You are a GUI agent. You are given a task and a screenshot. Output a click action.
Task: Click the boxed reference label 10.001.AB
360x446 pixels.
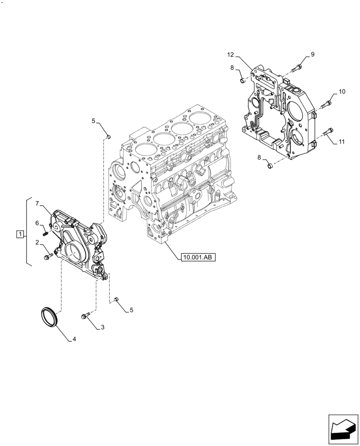click(x=197, y=257)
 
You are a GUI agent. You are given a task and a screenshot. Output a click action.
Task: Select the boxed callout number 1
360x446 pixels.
click(x=20, y=234)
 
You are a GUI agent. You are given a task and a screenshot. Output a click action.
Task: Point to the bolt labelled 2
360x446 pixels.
click(x=47, y=257)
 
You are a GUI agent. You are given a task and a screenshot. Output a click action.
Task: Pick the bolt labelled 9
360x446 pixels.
click(x=297, y=68)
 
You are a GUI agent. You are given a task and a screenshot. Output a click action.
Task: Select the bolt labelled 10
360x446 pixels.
click(x=325, y=103)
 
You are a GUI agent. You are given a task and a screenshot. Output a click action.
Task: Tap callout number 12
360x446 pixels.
click(x=230, y=55)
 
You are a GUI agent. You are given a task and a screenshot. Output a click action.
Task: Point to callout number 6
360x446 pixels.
click(x=38, y=223)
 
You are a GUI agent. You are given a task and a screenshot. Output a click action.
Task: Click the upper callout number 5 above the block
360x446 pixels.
click(x=94, y=121)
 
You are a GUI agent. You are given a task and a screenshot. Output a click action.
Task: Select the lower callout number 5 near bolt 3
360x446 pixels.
click(x=131, y=310)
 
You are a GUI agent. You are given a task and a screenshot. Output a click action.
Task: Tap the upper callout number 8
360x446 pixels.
click(x=232, y=67)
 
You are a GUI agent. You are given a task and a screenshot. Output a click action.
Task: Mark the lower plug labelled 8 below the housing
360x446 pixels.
click(x=269, y=166)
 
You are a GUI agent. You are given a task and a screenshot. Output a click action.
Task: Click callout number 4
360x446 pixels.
click(x=74, y=339)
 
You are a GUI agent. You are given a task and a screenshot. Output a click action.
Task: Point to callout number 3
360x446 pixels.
click(x=102, y=327)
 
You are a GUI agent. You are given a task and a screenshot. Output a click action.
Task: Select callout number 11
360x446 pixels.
click(x=341, y=142)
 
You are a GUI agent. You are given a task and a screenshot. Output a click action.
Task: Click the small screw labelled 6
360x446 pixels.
click(x=45, y=232)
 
